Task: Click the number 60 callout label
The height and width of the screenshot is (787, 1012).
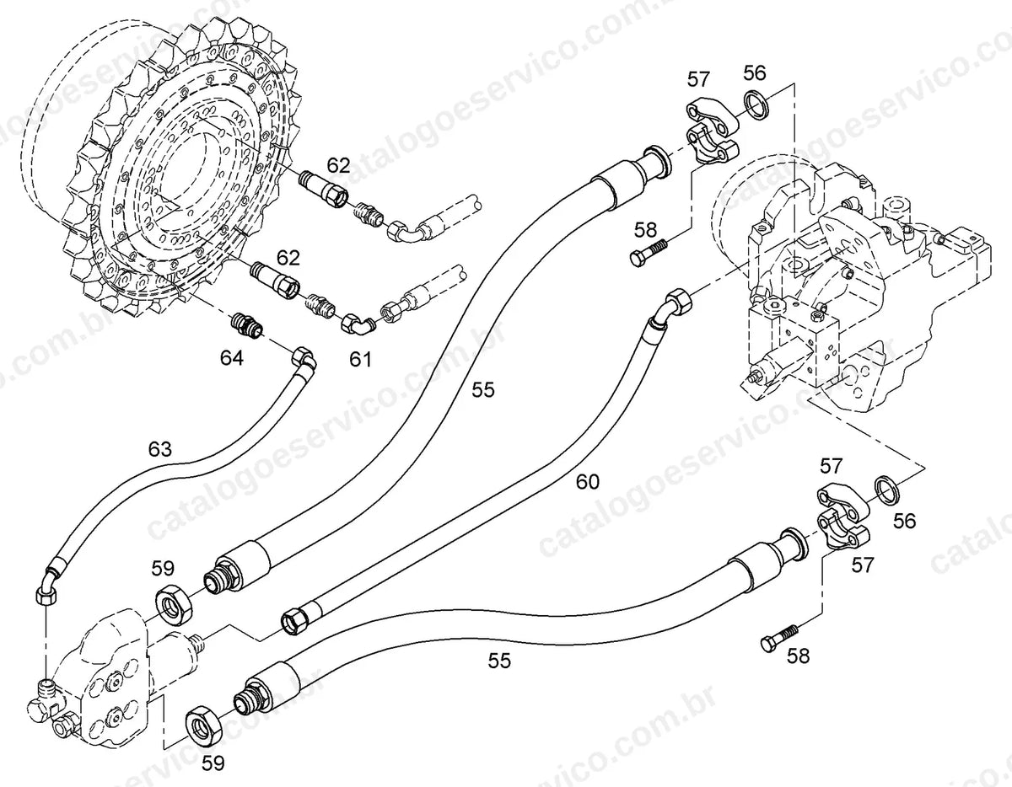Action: pos(588,482)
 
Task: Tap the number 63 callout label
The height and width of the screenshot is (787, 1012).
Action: pos(159,449)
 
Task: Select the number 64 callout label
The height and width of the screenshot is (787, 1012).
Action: pos(231,358)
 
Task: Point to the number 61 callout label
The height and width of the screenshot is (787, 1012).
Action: pos(360,359)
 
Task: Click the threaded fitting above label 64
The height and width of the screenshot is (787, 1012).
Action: pos(247,324)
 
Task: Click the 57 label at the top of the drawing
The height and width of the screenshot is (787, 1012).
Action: pos(697,79)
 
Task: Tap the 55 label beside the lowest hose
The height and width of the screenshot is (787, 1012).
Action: pos(499,660)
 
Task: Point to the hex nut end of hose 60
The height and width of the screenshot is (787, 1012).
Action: pos(295,621)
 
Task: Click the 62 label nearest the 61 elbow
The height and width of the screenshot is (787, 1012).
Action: pos(288,257)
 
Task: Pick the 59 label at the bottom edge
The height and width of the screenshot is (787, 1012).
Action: pos(213,763)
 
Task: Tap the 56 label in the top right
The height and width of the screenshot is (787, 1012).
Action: pos(755,73)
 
